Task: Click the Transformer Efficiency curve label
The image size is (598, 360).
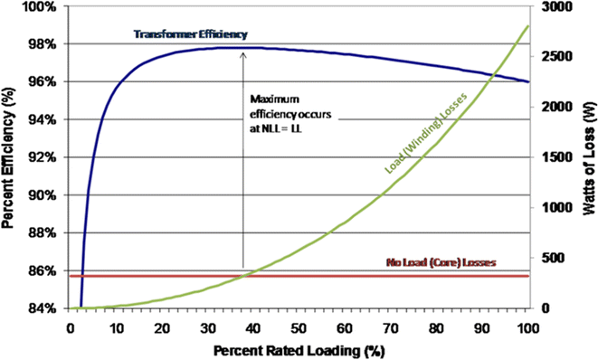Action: coord(189,34)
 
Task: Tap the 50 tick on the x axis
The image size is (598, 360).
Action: coord(299,327)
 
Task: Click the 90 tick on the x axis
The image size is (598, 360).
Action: coord(482,327)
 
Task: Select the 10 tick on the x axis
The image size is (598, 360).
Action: coord(117,327)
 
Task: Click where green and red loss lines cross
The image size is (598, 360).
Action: coord(245,276)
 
